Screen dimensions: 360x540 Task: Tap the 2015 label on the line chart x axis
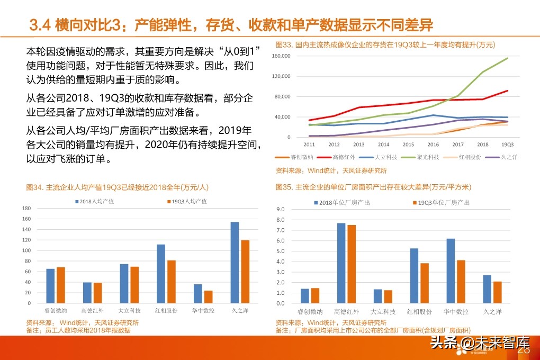tap(409, 144)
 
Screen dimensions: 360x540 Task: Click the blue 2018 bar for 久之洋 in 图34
tap(235, 263)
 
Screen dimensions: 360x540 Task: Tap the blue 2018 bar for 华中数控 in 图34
tap(197, 294)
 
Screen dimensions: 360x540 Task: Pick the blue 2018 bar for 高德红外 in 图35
tap(341, 264)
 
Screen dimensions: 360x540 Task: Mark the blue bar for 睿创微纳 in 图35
tap(304, 296)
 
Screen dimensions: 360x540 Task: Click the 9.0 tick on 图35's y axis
tap(281, 210)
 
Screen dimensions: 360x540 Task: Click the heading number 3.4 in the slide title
tap(39, 24)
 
